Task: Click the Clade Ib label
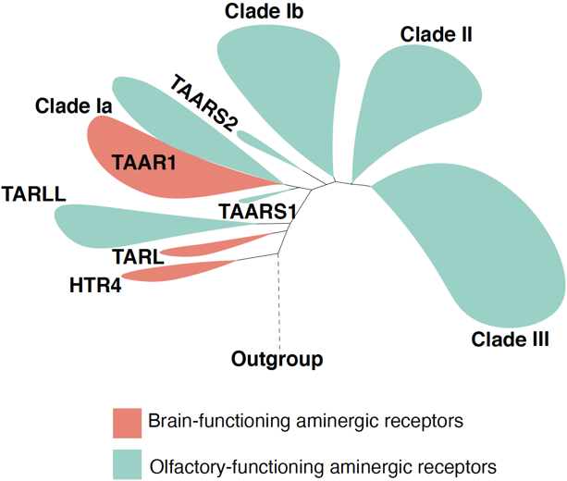click(264, 11)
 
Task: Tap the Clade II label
click(436, 35)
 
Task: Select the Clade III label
click(510, 339)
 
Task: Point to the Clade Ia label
click(73, 106)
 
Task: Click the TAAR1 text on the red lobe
click(144, 162)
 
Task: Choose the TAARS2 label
click(203, 103)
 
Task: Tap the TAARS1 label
click(257, 211)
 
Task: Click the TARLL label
click(34, 194)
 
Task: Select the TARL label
click(138, 257)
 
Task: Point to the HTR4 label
click(95, 285)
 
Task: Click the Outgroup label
click(277, 359)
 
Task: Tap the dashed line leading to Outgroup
click(278, 302)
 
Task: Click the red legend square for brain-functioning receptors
click(127, 423)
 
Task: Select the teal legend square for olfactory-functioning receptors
click(127, 464)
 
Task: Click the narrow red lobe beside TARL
click(214, 246)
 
